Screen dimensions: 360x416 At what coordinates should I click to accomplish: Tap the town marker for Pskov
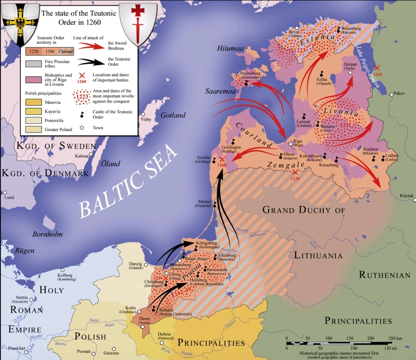(x=392, y=94)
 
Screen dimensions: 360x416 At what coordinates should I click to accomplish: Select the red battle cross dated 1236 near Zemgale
(x=295, y=172)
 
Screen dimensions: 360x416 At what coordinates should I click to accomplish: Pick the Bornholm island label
(x=47, y=234)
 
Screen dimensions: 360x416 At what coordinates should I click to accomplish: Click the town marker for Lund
(x=5, y=192)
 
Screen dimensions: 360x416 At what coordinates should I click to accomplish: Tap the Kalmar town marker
(x=91, y=154)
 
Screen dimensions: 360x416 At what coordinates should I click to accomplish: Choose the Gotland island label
(x=173, y=115)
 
